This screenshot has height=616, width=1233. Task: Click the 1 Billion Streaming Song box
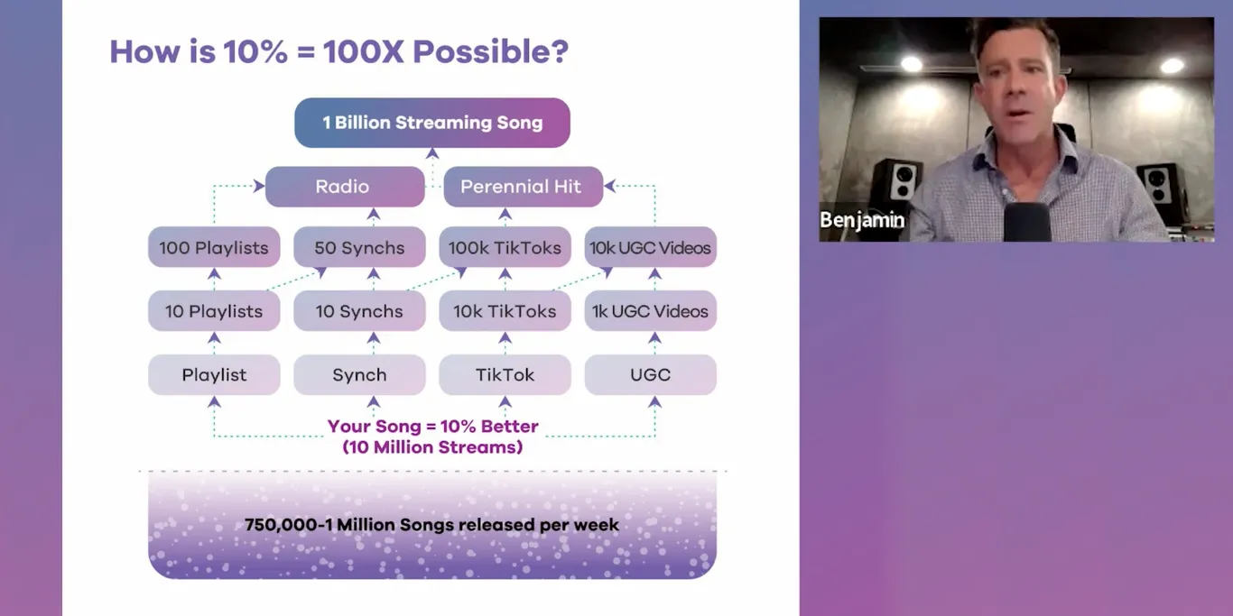[432, 123]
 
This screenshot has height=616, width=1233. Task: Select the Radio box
[344, 187]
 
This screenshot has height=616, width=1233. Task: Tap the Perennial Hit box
[523, 187]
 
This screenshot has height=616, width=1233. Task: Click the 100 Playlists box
[214, 247]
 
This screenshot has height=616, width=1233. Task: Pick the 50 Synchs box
[359, 247]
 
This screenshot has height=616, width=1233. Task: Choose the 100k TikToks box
[505, 247]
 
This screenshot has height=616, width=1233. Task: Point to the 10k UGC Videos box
[650, 247]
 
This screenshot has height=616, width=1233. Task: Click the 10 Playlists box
[214, 311]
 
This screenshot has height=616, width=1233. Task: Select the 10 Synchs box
[359, 311]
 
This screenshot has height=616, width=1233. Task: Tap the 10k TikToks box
[505, 311]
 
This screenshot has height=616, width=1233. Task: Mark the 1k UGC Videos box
[650, 311]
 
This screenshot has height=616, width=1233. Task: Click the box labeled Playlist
[214, 374]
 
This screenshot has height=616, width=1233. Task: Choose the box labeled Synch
[359, 374]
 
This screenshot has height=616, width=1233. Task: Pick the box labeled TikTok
[505, 374]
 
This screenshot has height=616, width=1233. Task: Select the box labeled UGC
[650, 374]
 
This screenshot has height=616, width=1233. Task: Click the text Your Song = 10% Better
[432, 427]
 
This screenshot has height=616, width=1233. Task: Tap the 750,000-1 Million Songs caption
[431, 525]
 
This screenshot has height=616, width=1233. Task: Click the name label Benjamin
[862, 221]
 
